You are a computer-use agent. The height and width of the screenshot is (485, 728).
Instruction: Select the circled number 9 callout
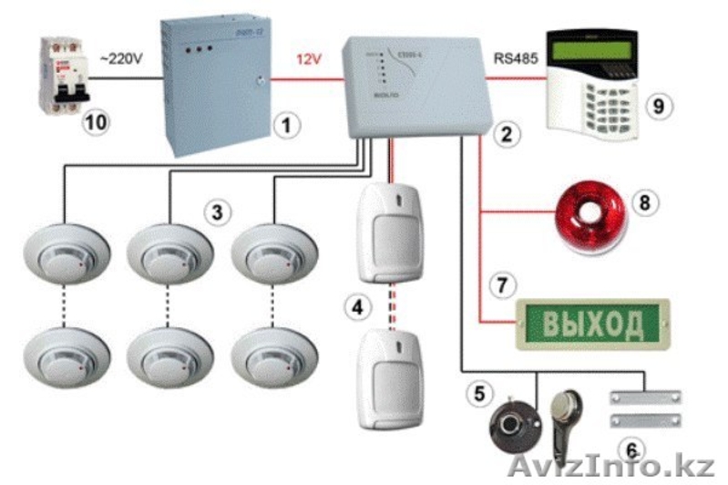coord(656,106)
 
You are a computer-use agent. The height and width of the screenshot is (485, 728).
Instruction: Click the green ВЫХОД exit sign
coord(591,324)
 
